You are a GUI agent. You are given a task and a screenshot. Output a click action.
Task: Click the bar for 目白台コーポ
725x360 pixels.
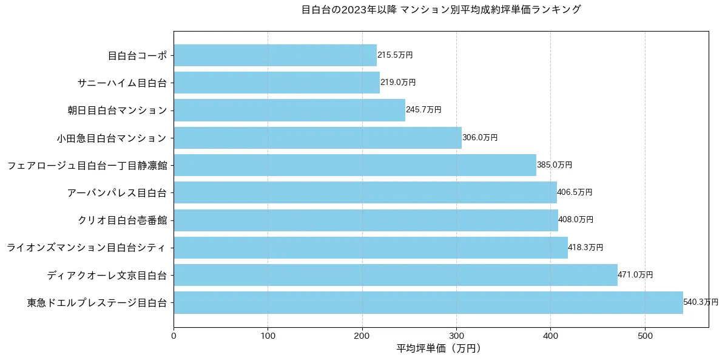[x=275, y=55]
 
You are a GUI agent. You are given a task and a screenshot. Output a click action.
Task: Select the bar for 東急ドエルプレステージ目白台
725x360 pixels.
[x=428, y=302]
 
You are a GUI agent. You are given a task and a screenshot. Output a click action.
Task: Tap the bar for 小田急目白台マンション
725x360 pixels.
[x=317, y=138]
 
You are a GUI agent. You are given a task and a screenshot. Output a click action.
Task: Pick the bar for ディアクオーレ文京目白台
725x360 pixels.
[x=395, y=275]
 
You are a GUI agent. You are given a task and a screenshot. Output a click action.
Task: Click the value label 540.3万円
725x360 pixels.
[x=701, y=302]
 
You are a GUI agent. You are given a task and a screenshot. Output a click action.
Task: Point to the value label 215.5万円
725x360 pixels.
[x=395, y=55]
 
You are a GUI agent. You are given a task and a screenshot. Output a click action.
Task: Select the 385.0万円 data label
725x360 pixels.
[x=555, y=165]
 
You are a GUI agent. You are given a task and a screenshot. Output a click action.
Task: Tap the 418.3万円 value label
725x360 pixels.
[x=585, y=248]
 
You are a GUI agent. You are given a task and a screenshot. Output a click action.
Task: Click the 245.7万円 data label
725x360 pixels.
[x=423, y=110]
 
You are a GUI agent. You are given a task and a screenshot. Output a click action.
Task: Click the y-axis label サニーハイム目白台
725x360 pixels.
[x=122, y=83]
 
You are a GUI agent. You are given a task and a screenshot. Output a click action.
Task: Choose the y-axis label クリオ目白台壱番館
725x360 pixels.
[x=122, y=220]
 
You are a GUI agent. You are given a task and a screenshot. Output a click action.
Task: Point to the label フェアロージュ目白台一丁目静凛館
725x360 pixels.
[x=87, y=165]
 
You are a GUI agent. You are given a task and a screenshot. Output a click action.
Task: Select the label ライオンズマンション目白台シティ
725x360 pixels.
[x=87, y=248]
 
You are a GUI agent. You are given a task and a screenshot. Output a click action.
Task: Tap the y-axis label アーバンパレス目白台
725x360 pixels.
[x=117, y=193]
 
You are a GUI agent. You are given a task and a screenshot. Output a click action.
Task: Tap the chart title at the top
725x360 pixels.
[x=440, y=10]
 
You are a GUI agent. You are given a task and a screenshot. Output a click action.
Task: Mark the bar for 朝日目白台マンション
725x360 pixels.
[x=289, y=110]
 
